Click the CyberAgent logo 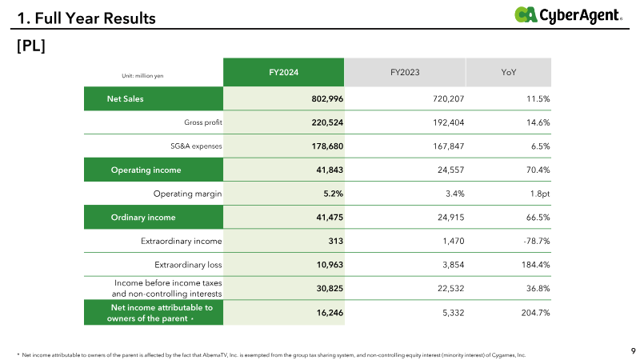(x=568, y=15)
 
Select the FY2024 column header (x=284, y=72)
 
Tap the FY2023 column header (x=405, y=72)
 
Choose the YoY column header (x=509, y=72)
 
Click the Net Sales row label (x=126, y=98)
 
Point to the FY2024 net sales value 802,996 (x=327, y=98)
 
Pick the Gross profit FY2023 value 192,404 (x=449, y=122)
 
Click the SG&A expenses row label (x=196, y=146)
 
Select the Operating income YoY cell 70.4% (x=538, y=170)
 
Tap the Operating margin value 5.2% (x=333, y=194)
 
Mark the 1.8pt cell (x=540, y=194)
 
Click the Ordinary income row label (x=143, y=217)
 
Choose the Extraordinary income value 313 (x=335, y=241)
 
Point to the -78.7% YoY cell (x=537, y=241)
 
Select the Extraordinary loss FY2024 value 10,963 (x=330, y=265)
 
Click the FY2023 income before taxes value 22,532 (x=451, y=288)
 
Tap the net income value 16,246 (x=330, y=313)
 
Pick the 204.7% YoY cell (x=535, y=313)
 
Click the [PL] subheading (x=31, y=46)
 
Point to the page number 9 (x=634, y=350)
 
